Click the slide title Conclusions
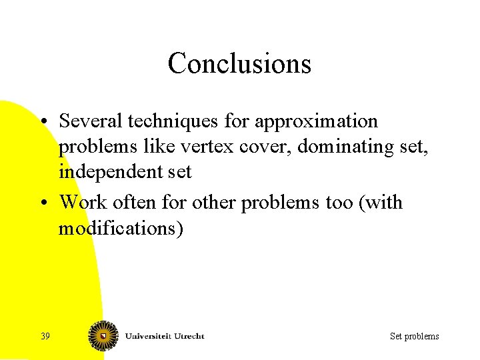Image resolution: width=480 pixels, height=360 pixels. point(239,64)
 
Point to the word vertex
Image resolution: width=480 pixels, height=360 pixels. point(184,147)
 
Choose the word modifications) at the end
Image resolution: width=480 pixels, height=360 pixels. point(119,228)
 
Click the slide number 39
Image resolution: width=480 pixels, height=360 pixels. point(45,336)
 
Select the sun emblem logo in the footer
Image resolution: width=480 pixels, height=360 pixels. point(104,335)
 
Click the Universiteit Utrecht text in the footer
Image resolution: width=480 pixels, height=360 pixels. point(165,336)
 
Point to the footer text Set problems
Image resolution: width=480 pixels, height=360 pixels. point(414,336)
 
